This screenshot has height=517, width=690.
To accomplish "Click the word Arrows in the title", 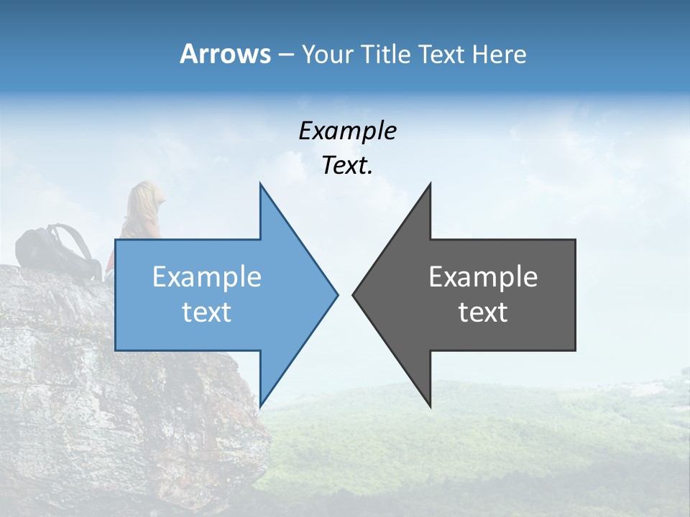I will [x=225, y=54].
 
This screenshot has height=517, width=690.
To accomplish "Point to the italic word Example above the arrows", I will [x=347, y=131].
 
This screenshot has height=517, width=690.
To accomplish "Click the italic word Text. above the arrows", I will [x=347, y=165].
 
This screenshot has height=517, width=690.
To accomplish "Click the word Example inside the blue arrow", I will [x=207, y=277].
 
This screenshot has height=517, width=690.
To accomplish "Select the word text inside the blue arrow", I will [x=207, y=312].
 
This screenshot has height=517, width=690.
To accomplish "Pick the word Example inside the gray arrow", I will [x=483, y=277].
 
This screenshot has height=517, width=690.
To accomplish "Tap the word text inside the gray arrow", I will [x=483, y=312].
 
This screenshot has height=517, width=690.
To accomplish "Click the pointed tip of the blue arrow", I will [x=336, y=294].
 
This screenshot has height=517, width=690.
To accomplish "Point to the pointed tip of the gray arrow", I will [x=354, y=294].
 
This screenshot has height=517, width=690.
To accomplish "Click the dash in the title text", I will [x=285, y=55].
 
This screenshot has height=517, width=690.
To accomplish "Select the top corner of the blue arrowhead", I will [x=260, y=185].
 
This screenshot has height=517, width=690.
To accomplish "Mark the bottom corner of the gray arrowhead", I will [x=430, y=406].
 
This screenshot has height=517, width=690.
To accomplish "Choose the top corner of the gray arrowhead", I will [x=430, y=185].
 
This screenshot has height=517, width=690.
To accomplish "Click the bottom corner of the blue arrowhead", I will [x=260, y=404].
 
